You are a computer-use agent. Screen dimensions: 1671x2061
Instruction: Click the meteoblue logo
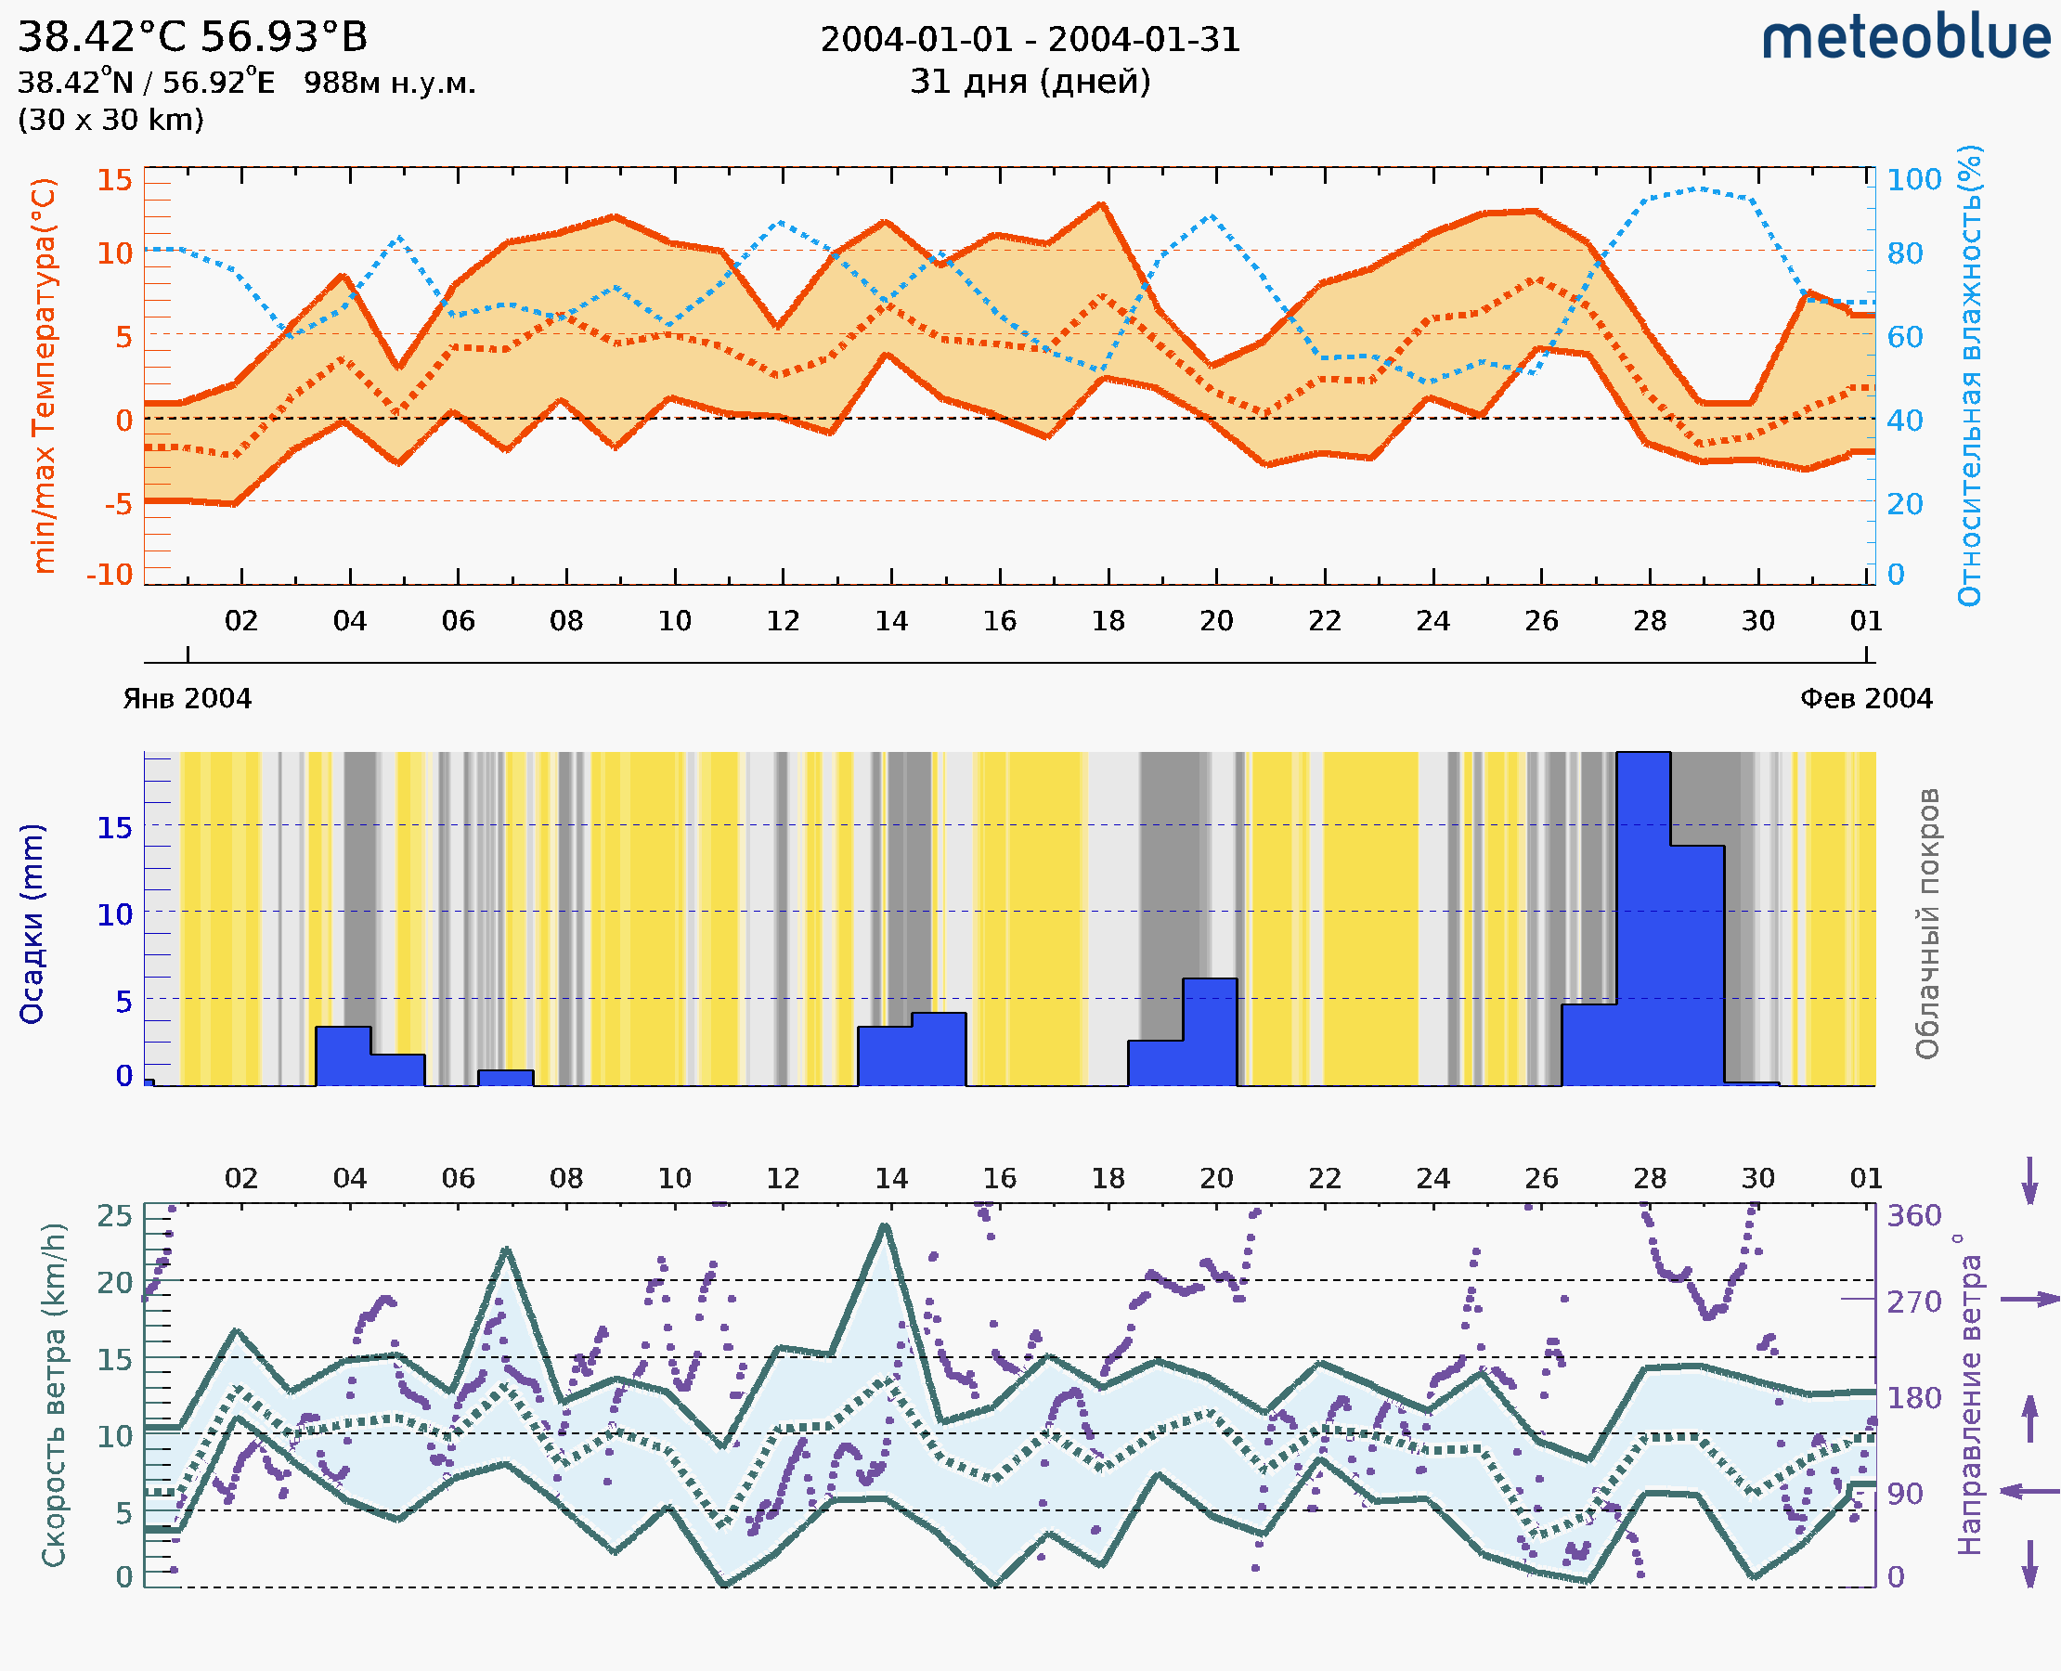pyautogui.click(x=1905, y=38)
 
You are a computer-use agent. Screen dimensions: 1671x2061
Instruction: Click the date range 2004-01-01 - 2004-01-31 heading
pyautogui.click(x=1030, y=40)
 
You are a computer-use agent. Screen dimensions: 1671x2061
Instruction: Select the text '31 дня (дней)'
pyautogui.click(x=1030, y=82)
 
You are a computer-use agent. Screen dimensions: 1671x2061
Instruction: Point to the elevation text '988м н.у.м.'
pyautogui.click(x=390, y=84)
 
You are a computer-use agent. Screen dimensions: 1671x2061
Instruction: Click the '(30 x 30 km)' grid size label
pyautogui.click(x=110, y=121)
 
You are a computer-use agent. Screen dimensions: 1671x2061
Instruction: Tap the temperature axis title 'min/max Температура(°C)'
pyautogui.click(x=45, y=375)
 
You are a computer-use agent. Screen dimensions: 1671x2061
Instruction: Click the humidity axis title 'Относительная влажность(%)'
pyautogui.click(x=1969, y=375)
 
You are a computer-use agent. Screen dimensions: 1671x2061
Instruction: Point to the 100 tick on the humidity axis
pyautogui.click(x=1913, y=180)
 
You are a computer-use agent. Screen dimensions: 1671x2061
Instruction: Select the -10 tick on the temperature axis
pyautogui.click(x=110, y=575)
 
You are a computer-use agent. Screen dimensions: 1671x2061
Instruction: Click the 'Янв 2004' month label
pyautogui.click(x=187, y=699)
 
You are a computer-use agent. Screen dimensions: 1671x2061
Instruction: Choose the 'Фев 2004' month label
pyautogui.click(x=1866, y=699)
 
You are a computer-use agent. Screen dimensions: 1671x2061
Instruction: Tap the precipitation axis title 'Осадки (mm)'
pyautogui.click(x=32, y=924)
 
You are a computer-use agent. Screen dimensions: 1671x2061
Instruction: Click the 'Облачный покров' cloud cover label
pyautogui.click(x=1927, y=924)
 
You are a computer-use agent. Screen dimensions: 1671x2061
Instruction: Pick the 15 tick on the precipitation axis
pyautogui.click(x=114, y=828)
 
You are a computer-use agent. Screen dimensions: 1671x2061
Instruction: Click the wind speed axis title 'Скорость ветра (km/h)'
pyautogui.click(x=54, y=1395)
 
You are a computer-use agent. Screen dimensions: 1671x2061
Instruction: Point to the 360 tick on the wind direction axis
pyautogui.click(x=1913, y=1216)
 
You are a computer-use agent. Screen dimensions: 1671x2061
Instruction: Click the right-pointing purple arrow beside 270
pyautogui.click(x=2029, y=1300)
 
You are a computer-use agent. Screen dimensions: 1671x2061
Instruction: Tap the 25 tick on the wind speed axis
pyautogui.click(x=114, y=1216)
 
